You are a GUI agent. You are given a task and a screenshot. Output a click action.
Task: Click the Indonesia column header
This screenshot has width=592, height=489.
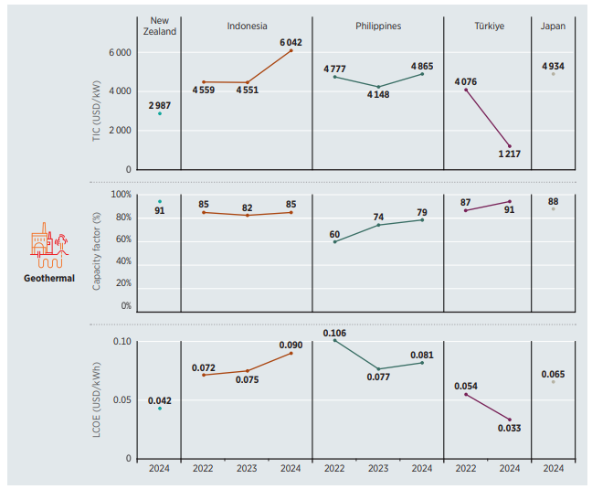click(x=247, y=26)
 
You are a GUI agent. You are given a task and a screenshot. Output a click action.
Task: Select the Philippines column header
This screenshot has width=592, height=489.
click(x=378, y=26)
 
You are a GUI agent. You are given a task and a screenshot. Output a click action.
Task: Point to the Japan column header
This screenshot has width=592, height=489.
click(x=553, y=26)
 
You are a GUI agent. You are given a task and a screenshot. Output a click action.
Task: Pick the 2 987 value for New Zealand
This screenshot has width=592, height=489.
click(x=159, y=105)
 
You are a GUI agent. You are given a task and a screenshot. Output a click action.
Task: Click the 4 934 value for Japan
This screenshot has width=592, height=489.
click(x=554, y=66)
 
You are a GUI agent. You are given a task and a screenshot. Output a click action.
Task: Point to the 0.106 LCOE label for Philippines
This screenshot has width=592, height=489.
click(x=335, y=333)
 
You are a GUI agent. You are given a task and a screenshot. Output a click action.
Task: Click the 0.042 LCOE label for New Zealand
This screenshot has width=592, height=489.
click(x=160, y=400)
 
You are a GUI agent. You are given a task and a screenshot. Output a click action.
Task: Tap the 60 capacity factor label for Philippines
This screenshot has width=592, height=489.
click(x=334, y=234)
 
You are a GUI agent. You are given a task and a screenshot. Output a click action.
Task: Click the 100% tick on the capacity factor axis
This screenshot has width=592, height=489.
click(x=121, y=195)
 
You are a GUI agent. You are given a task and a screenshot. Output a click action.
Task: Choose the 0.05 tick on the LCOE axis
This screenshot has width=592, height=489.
click(x=121, y=400)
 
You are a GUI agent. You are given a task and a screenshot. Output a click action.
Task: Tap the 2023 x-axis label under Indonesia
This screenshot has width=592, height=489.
click(x=247, y=470)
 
